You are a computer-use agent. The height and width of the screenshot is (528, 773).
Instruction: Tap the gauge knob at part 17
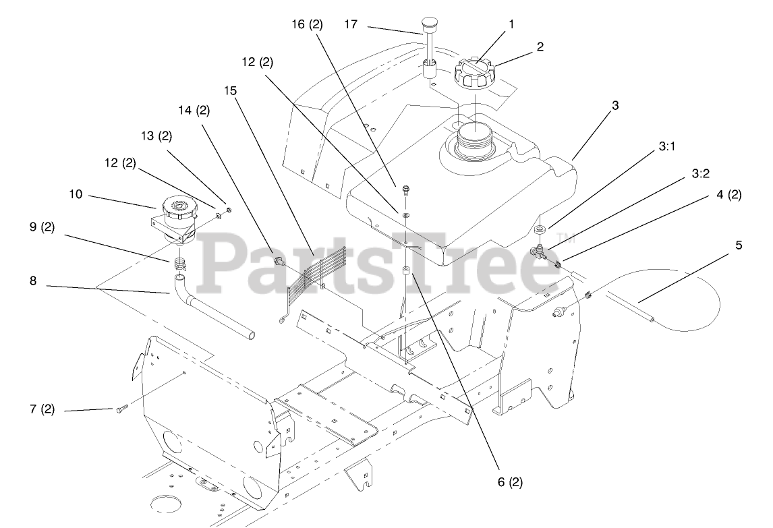click(x=429, y=24)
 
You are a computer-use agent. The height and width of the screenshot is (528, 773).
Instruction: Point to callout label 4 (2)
click(x=728, y=195)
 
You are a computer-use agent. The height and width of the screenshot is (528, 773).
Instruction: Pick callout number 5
click(x=739, y=245)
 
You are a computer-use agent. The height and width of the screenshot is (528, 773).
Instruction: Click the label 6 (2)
click(x=509, y=482)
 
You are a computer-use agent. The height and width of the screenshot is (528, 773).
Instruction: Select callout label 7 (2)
click(x=42, y=409)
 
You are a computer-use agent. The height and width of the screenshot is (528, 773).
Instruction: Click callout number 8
click(x=33, y=281)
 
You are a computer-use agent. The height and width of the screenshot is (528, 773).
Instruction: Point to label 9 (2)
click(x=42, y=227)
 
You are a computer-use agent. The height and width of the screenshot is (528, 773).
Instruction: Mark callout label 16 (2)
click(x=307, y=25)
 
